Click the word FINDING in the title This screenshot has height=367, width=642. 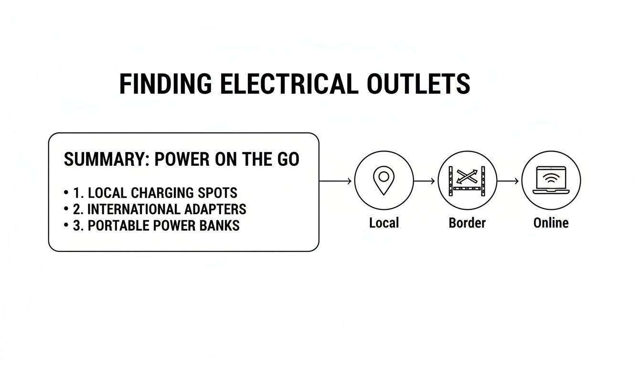pos(165,84)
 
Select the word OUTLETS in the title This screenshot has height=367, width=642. pos(418,84)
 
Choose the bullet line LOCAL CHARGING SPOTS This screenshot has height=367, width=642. pos(155,193)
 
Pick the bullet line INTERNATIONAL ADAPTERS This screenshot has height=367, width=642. pos(160,209)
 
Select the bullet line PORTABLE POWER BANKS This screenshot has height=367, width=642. pos(156,225)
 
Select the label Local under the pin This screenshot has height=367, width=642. pos(384,223)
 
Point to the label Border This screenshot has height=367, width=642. pos(467,223)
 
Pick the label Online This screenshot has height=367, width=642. pos(551,223)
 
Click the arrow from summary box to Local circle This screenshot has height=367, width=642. pos(336,181)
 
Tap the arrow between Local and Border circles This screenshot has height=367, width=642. pos(425,181)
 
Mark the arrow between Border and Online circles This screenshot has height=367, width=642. pos(508,181)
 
